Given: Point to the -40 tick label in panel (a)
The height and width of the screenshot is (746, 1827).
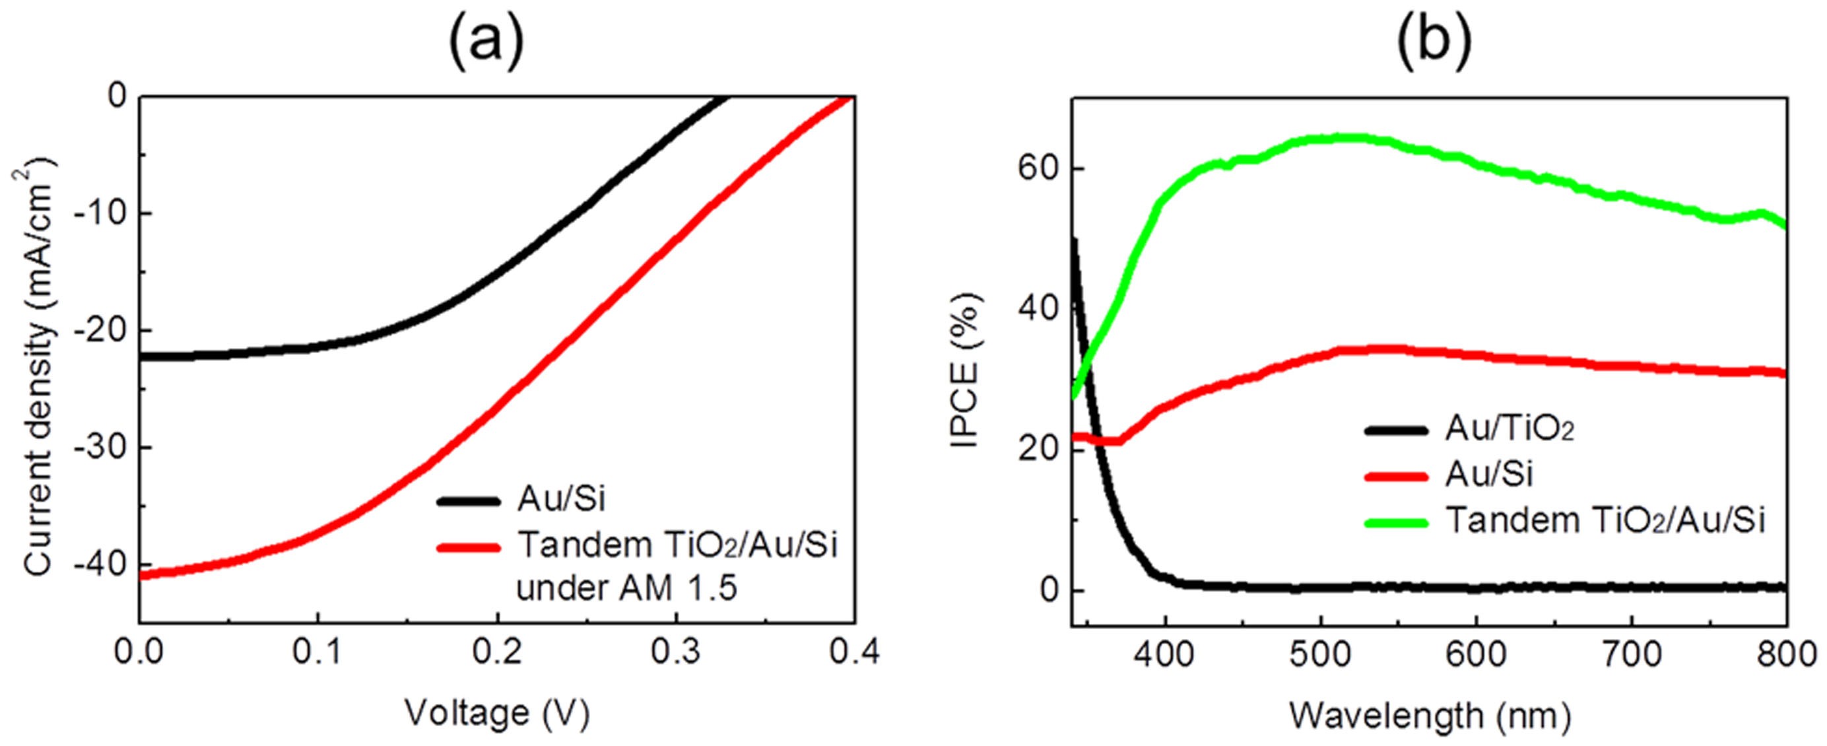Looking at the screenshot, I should click(98, 564).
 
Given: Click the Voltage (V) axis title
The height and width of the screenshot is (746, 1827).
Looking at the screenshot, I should click(496, 714).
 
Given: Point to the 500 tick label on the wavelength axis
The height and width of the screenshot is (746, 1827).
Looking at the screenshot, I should click(1320, 654).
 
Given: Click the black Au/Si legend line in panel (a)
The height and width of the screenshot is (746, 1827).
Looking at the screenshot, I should click(469, 500).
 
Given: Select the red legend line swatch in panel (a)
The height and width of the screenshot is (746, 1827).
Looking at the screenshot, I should click(469, 547).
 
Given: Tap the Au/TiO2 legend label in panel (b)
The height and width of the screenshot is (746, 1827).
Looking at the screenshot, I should click(1510, 430).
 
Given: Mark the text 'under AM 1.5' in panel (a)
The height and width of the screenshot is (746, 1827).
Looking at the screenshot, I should click(626, 589).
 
